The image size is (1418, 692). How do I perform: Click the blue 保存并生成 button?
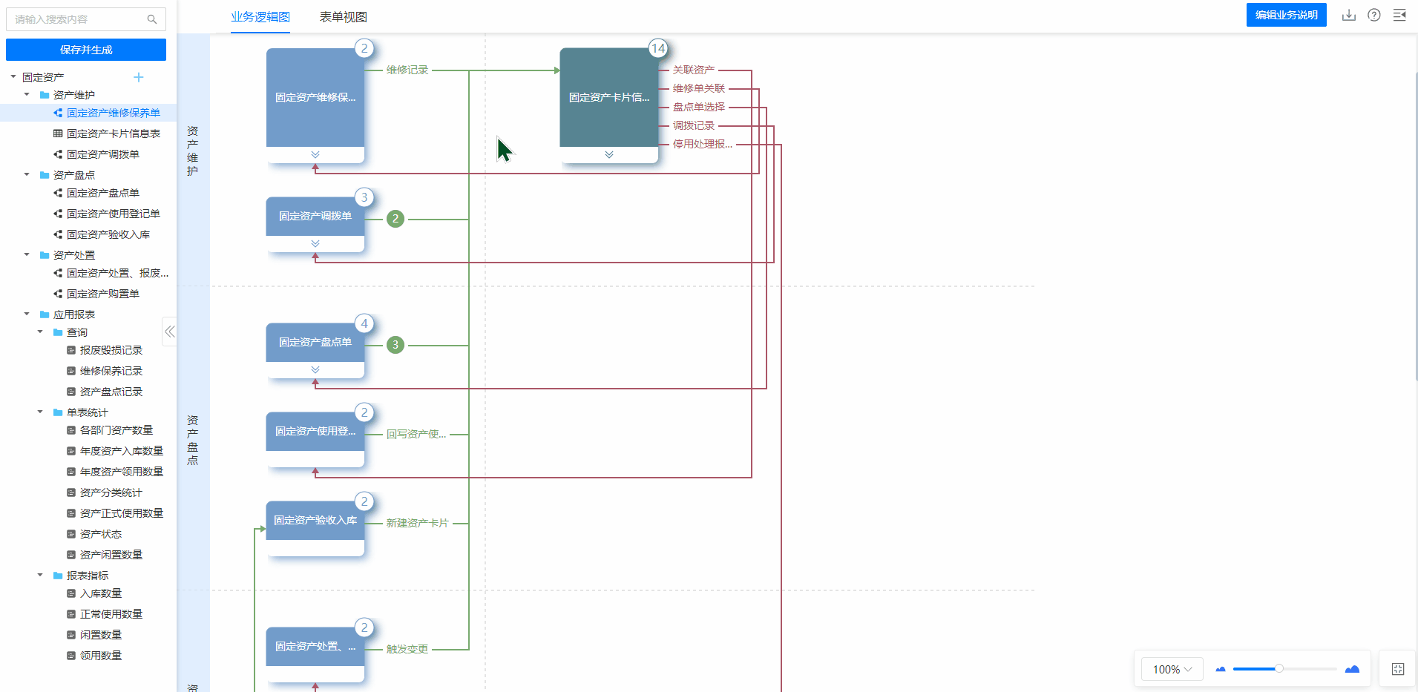[x=86, y=50]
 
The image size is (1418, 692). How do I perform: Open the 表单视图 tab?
[x=343, y=17]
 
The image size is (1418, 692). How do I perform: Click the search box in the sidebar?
[x=86, y=19]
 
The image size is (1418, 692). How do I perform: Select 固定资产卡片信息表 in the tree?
[x=114, y=134]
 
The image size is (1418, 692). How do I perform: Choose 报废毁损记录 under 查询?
[x=111, y=350]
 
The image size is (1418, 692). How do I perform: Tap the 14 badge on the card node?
[x=658, y=48]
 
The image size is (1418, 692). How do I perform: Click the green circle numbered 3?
[x=395, y=345]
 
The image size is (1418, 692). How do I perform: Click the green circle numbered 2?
[x=395, y=219]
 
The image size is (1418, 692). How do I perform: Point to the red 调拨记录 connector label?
[x=694, y=125]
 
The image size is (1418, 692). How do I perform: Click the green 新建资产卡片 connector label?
[x=418, y=523]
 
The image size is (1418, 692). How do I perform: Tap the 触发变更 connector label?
[x=407, y=649]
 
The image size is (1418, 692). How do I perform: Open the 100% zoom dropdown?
[x=1172, y=669]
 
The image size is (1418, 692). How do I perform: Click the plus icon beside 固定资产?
[x=139, y=77]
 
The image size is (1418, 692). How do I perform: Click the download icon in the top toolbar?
[x=1349, y=16]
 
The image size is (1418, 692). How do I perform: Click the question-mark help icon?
[x=1374, y=15]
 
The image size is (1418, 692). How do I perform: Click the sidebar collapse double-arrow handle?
[x=170, y=332]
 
